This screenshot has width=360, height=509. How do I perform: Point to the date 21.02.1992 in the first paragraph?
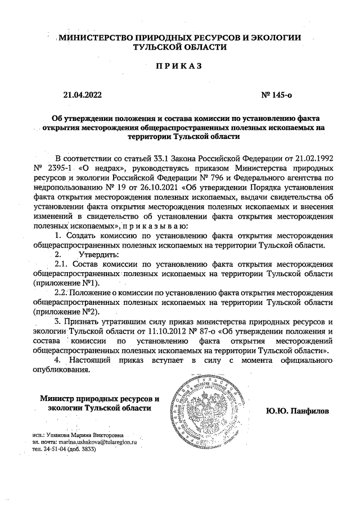tap(313, 157)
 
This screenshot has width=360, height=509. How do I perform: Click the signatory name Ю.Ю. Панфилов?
tap(298, 412)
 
